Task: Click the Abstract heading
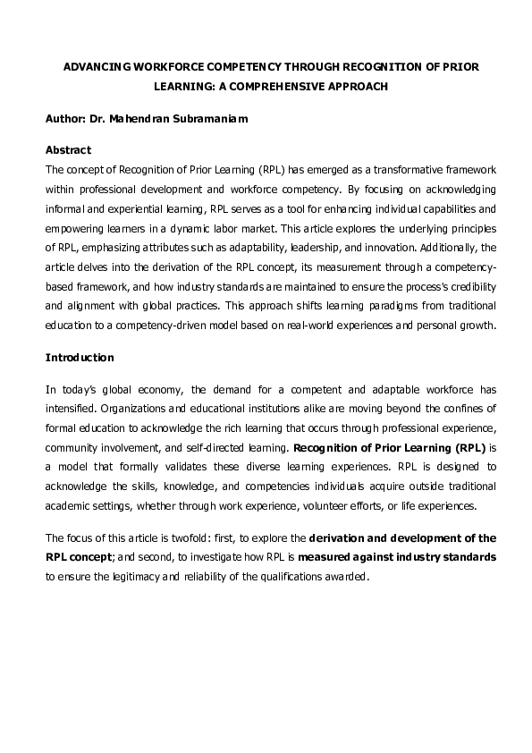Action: click(68, 149)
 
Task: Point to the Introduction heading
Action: click(80, 358)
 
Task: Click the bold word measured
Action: click(331, 557)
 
